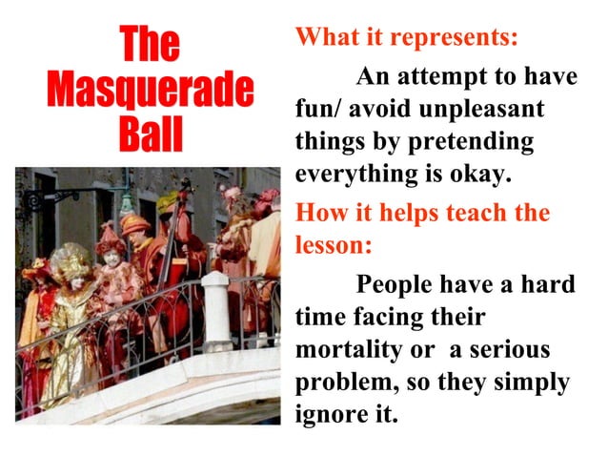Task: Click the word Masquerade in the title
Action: coord(150,90)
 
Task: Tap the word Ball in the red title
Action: coord(150,135)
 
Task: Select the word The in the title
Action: coord(150,45)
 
